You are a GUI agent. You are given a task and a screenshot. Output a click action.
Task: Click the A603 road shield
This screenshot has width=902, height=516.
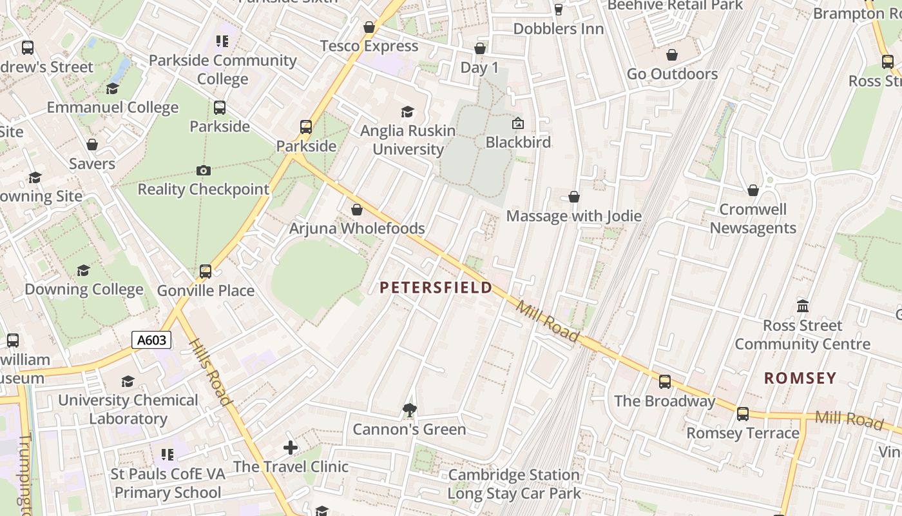coord(151,340)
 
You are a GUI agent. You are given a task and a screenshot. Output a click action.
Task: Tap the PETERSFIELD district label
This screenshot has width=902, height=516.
coord(436,288)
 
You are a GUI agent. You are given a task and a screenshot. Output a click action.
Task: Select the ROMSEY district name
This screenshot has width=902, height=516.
coord(800,378)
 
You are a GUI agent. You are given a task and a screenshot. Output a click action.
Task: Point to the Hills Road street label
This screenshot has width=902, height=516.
coord(211,372)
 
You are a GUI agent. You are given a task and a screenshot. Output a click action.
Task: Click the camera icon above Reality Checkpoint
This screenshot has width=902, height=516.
coord(204,170)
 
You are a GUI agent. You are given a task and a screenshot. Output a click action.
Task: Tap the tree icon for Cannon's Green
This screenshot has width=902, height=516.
coord(409,409)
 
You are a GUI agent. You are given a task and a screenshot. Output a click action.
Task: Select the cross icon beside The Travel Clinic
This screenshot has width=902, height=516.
coord(291,447)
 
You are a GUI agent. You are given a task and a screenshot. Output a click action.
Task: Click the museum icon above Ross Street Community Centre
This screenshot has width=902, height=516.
coord(803,305)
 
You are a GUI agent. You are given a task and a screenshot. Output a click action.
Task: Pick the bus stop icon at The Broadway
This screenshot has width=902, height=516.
coord(665,381)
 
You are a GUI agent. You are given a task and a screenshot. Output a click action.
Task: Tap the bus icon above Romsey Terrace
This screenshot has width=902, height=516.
coord(743,413)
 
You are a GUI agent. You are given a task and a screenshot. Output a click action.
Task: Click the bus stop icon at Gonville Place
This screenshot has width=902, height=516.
coord(206,272)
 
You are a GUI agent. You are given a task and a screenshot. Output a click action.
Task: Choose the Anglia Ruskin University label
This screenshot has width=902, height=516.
coord(408,140)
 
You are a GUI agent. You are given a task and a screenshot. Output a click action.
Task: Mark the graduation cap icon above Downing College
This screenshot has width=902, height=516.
coord(84,270)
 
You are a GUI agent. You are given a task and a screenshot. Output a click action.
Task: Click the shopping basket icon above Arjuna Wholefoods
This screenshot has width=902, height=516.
coord(357,210)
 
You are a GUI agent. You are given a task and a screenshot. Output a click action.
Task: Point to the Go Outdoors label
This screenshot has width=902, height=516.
coord(672,74)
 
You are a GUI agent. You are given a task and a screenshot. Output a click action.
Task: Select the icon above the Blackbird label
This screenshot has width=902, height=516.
coord(518,123)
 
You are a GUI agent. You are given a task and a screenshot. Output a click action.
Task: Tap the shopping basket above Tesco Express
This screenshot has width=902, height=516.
coord(369,27)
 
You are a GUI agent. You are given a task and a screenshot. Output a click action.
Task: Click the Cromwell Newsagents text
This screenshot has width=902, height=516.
coord(753,219)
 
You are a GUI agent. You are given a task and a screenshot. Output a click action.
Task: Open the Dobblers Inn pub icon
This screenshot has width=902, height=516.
coord(559,9)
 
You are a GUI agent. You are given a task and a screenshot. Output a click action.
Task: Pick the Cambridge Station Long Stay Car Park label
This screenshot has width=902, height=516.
coord(514,484)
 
